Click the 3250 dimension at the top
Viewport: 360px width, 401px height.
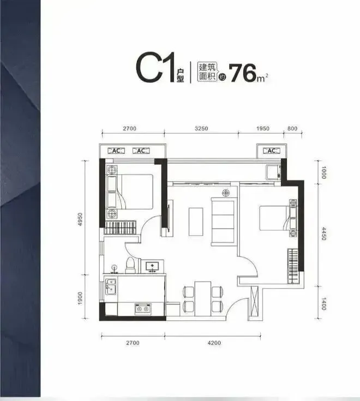201,128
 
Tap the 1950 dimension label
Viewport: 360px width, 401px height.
263,128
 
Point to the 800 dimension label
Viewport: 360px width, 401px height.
292,128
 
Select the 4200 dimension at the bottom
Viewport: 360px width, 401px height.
214,343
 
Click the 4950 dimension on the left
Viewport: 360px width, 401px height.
81,219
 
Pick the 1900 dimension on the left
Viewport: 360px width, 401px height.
80,298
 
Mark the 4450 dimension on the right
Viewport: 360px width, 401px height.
323,234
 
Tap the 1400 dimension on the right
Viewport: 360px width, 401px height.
323,303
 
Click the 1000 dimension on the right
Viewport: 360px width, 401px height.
323,172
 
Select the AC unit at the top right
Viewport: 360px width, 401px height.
272,151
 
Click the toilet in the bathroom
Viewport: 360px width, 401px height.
130,265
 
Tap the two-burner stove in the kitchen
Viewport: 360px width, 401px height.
143,309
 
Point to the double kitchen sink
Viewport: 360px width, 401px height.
111,286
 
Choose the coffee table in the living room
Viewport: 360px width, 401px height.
196,222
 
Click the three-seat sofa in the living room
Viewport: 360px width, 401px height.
223,222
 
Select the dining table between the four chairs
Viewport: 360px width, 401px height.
203,299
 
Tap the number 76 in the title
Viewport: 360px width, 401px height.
243,73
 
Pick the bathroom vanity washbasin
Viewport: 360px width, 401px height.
152,267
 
